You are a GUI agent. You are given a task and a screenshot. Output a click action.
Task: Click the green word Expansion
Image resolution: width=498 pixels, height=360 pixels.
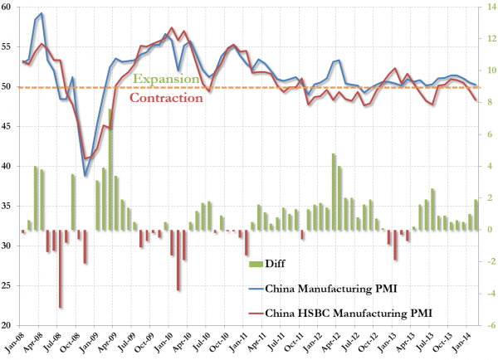coord(167,79)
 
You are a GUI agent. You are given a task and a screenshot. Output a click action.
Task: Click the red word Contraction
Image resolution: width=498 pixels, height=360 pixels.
coord(167,97)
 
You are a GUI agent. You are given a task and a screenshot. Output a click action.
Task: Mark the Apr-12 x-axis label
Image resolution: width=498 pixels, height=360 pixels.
coord(335,343)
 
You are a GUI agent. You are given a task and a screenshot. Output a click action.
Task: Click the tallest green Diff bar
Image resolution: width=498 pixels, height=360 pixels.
coord(110,169)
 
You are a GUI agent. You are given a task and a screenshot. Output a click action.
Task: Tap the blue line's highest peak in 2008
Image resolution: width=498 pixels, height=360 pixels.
coord(41,14)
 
